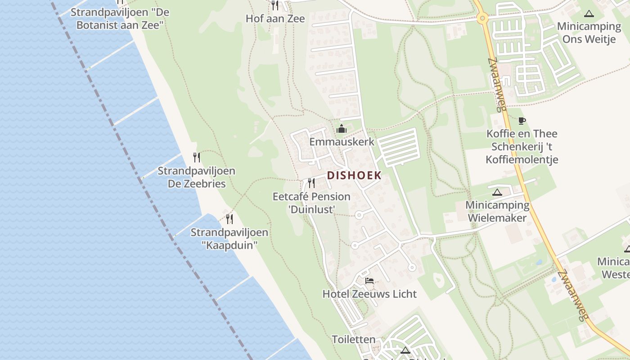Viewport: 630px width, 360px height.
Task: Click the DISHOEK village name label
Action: [354, 175]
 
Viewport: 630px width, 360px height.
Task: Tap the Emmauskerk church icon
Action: [342, 129]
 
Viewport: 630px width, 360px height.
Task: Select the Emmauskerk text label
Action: [342, 142]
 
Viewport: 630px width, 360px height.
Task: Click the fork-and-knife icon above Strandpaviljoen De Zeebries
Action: [197, 157]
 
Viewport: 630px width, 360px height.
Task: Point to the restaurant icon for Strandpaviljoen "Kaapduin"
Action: [229, 219]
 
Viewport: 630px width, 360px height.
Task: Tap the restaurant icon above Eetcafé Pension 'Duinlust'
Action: [311, 183]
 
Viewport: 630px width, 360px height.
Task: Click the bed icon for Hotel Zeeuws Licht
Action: [369, 281]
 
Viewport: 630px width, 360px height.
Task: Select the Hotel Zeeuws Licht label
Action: [369, 294]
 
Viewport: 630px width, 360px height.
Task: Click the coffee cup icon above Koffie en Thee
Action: [522, 121]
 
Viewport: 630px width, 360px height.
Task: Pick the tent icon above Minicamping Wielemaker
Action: [497, 193]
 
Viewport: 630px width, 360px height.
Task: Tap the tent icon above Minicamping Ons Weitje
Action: [589, 13]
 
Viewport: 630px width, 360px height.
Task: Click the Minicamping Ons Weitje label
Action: [589, 32]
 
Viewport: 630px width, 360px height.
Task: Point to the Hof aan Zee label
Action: [275, 18]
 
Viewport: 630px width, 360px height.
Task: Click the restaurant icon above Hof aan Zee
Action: [274, 5]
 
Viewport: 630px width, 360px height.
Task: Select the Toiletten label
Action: [353, 339]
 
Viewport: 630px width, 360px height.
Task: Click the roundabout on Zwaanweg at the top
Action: [482, 18]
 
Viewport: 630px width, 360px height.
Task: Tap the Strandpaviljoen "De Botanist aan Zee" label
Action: [120, 18]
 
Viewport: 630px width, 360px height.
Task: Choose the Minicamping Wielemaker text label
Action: [497, 211]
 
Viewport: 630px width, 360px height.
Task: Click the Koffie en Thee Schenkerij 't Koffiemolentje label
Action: [522, 146]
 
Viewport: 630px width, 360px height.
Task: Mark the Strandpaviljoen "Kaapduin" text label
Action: [229, 238]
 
